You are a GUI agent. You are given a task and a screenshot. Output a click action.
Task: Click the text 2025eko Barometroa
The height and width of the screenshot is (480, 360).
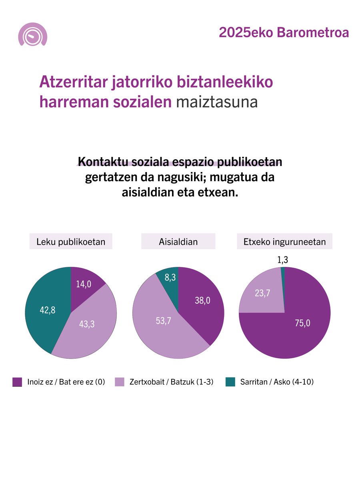284,33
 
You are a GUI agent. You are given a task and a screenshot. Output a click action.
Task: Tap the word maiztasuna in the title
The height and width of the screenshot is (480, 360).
216,102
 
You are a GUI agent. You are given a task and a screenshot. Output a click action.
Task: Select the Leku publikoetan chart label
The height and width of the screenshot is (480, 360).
71,242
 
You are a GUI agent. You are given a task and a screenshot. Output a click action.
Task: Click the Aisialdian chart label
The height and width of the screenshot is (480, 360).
178,242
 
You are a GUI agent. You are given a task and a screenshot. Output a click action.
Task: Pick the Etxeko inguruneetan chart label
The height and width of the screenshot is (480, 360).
284,242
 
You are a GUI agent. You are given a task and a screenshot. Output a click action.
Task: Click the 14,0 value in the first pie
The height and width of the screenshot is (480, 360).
84,284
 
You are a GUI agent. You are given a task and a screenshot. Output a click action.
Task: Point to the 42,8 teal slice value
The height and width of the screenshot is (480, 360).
47,310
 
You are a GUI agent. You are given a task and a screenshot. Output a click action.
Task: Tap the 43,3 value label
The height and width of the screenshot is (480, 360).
86,324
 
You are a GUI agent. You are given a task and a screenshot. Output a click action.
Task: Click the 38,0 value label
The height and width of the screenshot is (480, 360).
202,301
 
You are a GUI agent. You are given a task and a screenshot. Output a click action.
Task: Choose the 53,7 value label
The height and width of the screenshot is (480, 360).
163,320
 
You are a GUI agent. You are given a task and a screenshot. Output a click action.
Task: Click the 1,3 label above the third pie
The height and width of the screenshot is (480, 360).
283,260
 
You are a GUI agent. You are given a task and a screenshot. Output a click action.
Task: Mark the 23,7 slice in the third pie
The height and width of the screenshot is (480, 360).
262,293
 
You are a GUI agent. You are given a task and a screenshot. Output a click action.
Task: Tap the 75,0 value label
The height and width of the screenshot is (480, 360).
302,323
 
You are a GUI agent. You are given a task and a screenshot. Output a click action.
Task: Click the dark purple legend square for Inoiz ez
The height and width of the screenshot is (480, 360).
17,382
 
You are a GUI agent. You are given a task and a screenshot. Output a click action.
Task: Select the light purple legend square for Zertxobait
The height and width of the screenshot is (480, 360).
120,382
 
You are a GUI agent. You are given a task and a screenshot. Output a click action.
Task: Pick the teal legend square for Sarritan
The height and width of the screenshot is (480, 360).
230,382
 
